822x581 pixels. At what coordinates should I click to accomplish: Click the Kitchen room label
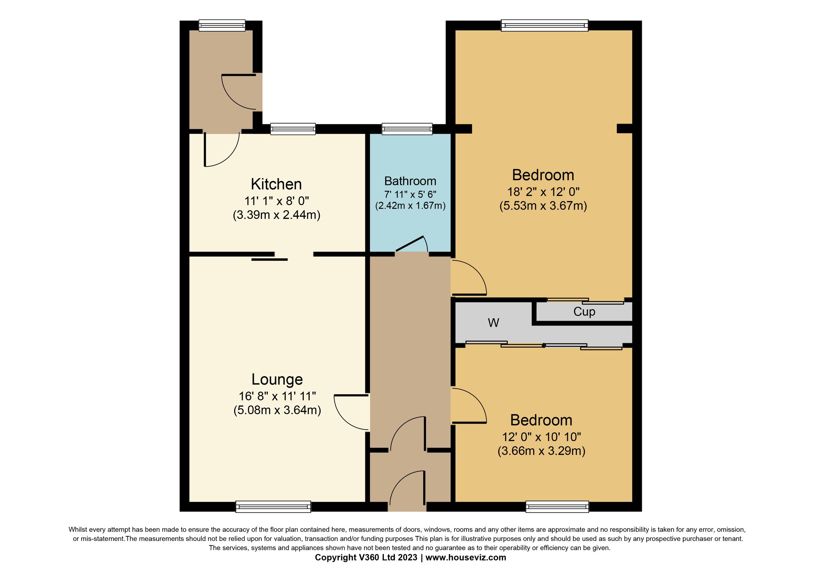(276, 184)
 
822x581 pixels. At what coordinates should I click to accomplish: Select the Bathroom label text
(410, 181)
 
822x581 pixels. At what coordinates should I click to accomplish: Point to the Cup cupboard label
(584, 312)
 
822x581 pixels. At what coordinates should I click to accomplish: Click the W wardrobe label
(493, 323)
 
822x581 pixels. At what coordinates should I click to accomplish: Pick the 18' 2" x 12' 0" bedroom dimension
(543, 192)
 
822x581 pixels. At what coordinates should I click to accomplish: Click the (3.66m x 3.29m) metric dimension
(541, 451)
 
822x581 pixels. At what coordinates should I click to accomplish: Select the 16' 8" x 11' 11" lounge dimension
(277, 396)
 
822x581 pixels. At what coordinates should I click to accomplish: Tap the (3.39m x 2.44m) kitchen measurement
(276, 215)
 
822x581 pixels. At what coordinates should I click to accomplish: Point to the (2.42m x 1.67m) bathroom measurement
(410, 206)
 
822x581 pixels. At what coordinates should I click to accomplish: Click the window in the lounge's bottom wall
(273, 507)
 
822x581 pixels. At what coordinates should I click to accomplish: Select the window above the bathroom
(407, 129)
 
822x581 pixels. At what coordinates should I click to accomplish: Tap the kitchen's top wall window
(293, 129)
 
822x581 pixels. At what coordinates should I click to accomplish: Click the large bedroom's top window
(545, 25)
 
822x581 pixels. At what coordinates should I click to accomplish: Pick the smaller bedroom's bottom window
(557, 507)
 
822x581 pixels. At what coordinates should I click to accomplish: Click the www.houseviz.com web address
(466, 557)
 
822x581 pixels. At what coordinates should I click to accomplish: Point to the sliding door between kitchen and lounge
(270, 259)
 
